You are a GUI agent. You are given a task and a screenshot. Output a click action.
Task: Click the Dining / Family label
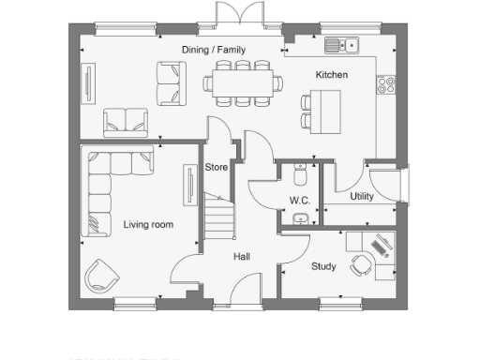(x=214, y=51)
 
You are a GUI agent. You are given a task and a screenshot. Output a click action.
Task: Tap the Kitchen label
(x=331, y=75)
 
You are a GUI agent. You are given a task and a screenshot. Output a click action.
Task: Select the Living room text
(x=148, y=224)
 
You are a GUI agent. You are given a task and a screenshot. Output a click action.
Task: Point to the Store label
(x=217, y=168)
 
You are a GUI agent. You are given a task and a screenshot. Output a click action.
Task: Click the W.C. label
(x=299, y=201)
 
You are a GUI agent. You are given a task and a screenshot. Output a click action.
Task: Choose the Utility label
(x=362, y=197)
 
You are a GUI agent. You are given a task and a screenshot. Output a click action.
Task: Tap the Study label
(x=323, y=266)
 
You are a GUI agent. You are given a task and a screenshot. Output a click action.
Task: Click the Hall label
(x=242, y=255)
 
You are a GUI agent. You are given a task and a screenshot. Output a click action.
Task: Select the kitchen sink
(x=342, y=44)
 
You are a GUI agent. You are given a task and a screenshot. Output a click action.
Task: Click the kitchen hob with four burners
(x=385, y=85)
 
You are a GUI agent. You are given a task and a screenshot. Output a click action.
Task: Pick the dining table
(x=244, y=82)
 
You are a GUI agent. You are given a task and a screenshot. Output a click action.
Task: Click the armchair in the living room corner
(x=100, y=275)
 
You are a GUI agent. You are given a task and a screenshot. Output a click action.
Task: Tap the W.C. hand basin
(x=299, y=219)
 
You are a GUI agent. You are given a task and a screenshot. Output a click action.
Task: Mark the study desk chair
(x=360, y=266)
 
